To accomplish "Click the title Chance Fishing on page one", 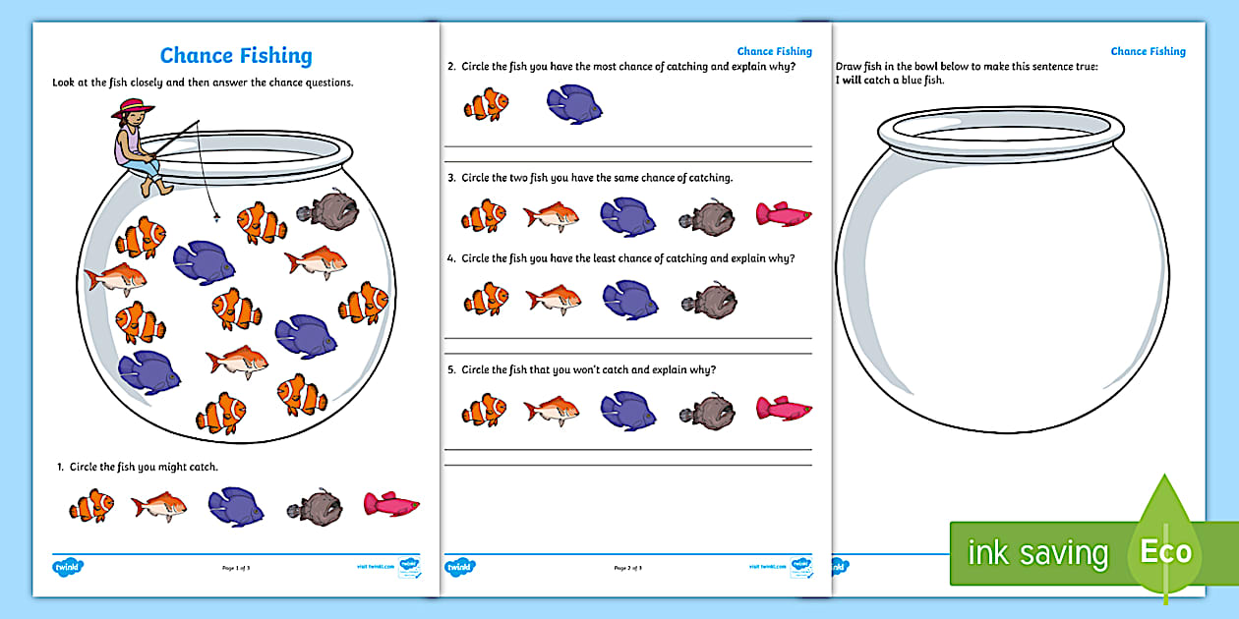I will pyautogui.click(x=236, y=56).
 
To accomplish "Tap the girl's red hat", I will pyautogui.click(x=128, y=110).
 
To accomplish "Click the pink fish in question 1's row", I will pyautogui.click(x=391, y=504).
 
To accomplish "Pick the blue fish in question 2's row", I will pyautogui.click(x=574, y=104).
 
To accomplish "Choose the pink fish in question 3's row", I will pyautogui.click(x=783, y=214).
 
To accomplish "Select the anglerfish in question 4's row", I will pyautogui.click(x=706, y=300).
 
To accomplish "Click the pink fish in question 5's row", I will pyautogui.click(x=784, y=408).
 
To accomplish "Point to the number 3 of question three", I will pyautogui.click(x=450, y=178).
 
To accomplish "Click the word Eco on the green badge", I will pyautogui.click(x=1165, y=552).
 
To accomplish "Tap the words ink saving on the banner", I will pyautogui.click(x=1037, y=553).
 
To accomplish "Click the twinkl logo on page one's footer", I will pyautogui.click(x=67, y=567).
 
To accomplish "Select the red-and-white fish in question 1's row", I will pyautogui.click(x=158, y=506).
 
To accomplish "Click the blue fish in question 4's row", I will pyautogui.click(x=629, y=300).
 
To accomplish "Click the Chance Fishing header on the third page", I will pyautogui.click(x=1148, y=51).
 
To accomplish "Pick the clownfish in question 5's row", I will pyautogui.click(x=485, y=409).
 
